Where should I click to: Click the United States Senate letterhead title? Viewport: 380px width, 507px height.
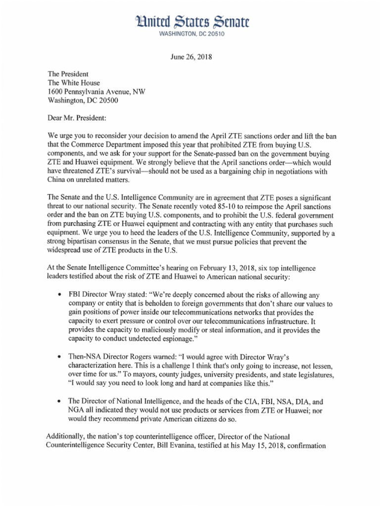coord(190,21)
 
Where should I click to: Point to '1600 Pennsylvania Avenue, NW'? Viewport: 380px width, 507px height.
coord(96,92)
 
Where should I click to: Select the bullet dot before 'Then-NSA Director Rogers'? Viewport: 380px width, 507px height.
coord(60,356)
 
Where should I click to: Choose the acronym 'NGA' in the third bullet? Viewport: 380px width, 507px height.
coord(77,410)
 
